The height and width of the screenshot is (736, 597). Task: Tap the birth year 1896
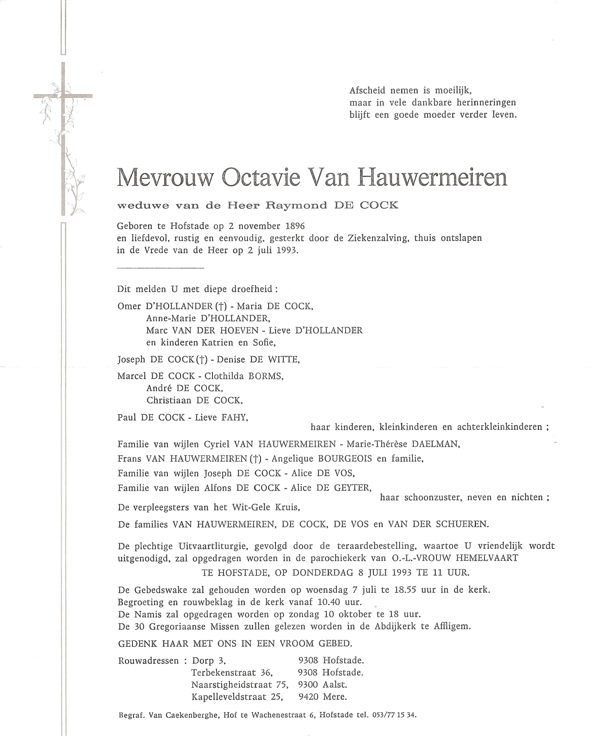pyautogui.click(x=295, y=226)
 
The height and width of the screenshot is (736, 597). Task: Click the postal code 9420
pyautogui.click(x=308, y=697)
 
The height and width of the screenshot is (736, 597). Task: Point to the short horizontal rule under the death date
pyautogui.click(x=160, y=268)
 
